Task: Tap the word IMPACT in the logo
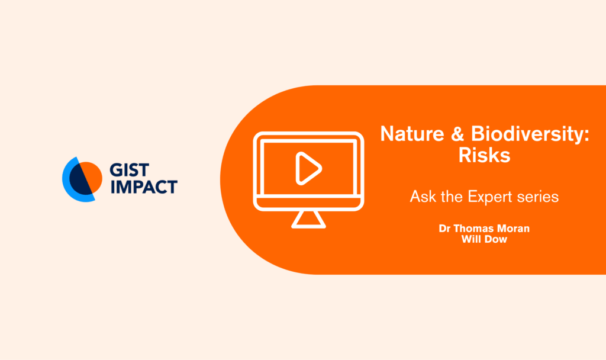point(144,187)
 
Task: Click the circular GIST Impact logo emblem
point(82,179)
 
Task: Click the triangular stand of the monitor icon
point(308,220)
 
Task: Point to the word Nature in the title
point(412,134)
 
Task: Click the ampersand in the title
point(457,134)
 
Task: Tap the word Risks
point(484,156)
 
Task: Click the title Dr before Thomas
point(444,229)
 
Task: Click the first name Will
point(469,239)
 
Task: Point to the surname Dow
point(493,239)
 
